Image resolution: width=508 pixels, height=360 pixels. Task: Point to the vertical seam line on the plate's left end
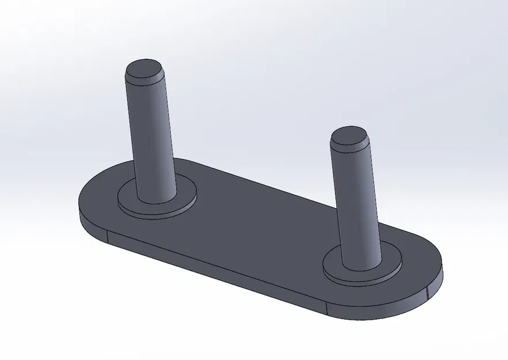pyautogui.click(x=108, y=236)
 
